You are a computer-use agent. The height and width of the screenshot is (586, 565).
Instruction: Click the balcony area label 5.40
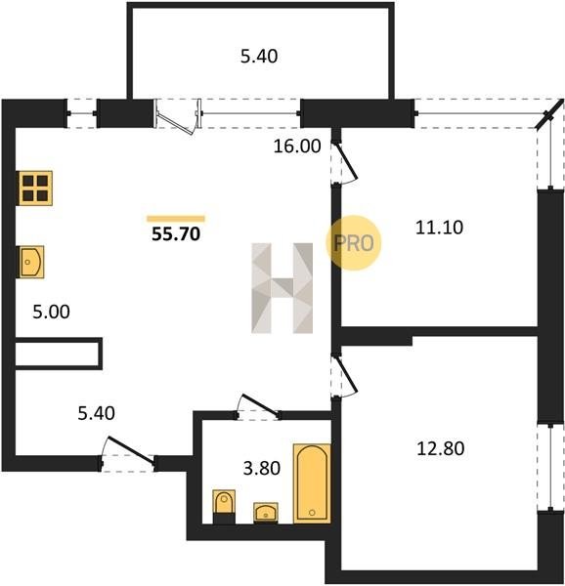point(259,57)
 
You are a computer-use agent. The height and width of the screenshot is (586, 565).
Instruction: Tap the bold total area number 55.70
point(176,234)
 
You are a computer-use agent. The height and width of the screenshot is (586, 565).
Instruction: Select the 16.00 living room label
point(297,146)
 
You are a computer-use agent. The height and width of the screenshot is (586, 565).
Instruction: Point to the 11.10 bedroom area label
point(439,228)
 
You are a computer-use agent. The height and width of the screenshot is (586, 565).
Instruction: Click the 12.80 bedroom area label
point(441,448)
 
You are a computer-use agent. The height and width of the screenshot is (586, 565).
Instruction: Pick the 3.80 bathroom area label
point(262,468)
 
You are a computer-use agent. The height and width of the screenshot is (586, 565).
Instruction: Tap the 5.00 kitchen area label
point(51,312)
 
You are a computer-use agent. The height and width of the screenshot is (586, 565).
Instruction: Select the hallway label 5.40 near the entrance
point(96,413)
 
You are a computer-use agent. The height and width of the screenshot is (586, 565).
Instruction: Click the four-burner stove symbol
point(35,188)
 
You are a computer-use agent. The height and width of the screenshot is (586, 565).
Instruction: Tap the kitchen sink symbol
point(31,262)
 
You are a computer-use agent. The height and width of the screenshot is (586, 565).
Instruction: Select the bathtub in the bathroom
point(312,483)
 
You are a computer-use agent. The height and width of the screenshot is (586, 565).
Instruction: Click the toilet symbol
point(224,506)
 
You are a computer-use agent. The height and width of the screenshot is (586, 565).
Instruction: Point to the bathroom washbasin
point(266,512)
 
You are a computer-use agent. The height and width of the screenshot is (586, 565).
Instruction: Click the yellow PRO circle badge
point(353,243)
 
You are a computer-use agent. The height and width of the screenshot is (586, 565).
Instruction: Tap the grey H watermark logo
point(282,288)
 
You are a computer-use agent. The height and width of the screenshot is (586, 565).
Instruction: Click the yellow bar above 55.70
point(176,219)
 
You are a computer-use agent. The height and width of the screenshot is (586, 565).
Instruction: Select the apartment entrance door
point(128,453)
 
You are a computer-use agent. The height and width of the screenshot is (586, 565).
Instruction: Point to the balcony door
point(177,117)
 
